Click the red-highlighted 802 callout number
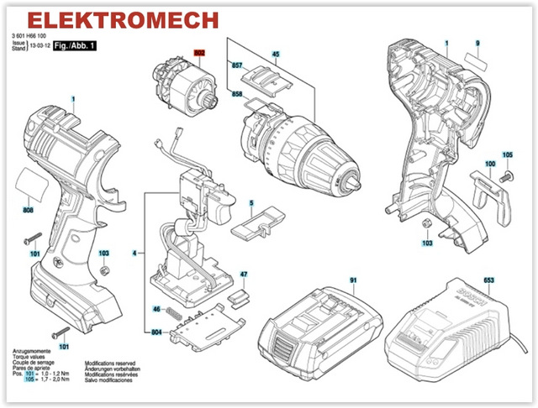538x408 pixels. point(200,51)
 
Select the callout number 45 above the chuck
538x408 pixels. point(275,55)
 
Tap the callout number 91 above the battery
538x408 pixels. point(354,280)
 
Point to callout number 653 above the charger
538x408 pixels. point(488,279)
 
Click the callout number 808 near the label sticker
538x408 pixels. point(27,210)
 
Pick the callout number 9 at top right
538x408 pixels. point(477,43)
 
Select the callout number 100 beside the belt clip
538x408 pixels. point(490,164)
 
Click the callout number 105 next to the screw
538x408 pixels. point(508,154)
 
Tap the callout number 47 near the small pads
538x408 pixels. point(244,275)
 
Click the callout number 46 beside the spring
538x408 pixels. point(156,310)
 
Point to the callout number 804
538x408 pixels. point(156,333)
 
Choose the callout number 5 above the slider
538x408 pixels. point(251,202)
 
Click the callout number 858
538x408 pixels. point(237,94)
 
